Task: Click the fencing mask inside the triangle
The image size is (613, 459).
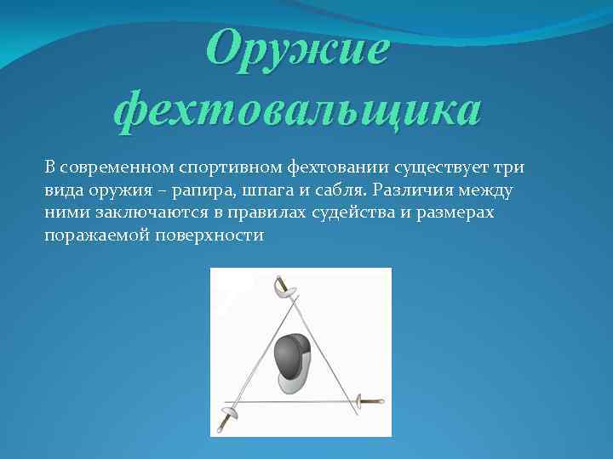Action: (x=291, y=357)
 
